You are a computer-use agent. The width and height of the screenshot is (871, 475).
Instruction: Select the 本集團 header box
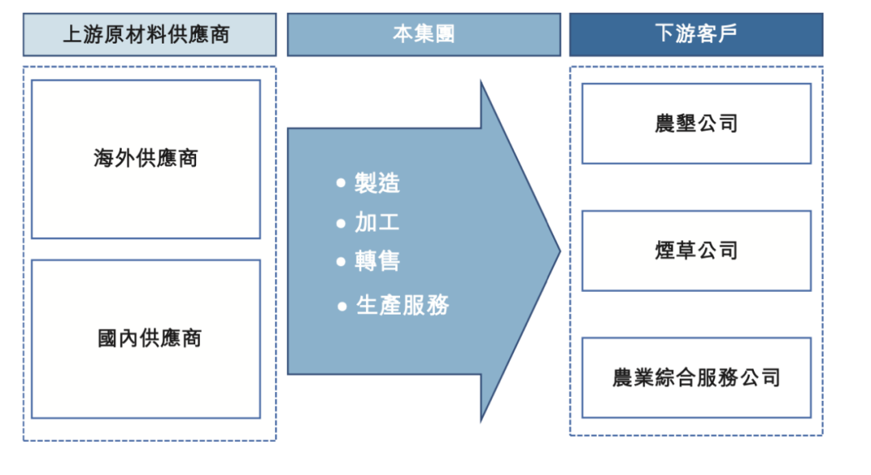pos(423,35)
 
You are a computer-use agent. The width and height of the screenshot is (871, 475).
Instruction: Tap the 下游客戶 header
pos(696,35)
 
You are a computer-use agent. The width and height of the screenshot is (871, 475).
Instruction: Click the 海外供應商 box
pos(146,158)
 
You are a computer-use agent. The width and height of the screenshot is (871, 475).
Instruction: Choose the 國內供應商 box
pos(146,338)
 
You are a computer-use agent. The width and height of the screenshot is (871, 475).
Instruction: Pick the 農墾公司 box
pos(696,123)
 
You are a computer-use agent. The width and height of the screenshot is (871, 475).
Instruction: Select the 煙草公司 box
pos(696,251)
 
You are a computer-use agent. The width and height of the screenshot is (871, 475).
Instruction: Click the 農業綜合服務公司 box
pos(696,377)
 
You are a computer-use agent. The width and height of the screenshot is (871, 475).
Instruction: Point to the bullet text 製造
pos(377,183)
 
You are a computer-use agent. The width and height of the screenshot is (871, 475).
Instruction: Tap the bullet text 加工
pos(377,223)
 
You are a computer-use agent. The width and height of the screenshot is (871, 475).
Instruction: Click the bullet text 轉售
pos(377,260)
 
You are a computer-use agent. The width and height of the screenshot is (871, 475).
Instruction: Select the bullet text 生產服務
pos(402,306)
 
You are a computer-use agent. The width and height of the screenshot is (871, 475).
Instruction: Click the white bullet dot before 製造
pos(341,184)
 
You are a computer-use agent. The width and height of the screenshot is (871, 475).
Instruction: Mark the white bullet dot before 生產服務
pos(341,306)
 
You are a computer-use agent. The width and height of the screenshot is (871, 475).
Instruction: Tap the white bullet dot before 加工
pos(341,223)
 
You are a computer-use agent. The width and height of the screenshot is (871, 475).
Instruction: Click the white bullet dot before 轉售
pos(341,261)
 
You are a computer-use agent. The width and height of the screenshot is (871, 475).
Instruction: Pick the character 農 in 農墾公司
pos(665,123)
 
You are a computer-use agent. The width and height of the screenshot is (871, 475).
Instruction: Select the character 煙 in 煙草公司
pos(665,251)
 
